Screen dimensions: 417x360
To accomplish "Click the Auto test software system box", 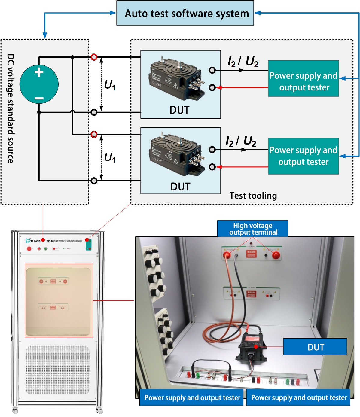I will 185,13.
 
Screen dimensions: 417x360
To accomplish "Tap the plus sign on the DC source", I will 39,72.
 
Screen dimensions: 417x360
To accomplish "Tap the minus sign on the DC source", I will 39,98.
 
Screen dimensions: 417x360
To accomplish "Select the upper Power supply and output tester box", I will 303,78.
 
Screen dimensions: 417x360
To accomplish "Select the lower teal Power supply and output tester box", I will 303,156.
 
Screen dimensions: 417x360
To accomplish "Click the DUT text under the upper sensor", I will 179,110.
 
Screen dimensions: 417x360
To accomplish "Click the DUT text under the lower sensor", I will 180,187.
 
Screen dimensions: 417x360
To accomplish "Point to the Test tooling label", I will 253,196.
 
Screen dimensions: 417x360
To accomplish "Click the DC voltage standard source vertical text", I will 11,108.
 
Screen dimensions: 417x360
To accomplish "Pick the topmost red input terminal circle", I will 94,57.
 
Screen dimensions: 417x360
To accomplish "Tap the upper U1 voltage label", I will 110,85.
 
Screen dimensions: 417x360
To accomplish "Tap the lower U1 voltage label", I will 110,157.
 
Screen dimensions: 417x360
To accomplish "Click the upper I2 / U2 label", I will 243,62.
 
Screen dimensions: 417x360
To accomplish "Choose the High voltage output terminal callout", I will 253,229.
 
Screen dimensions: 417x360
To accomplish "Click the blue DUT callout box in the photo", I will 315,347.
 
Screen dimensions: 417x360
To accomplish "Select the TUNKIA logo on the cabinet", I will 33,241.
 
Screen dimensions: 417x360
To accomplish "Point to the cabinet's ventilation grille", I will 57,370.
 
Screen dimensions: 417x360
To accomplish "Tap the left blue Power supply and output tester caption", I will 192,397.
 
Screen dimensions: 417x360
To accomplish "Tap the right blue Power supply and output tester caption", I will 298,397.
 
